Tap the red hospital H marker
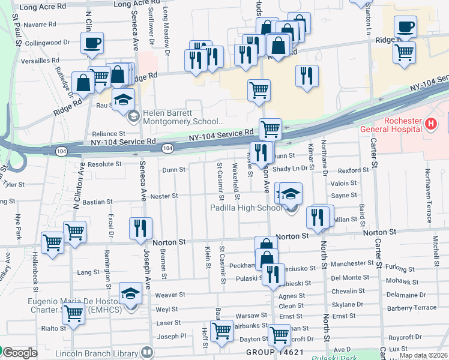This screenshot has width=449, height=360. [430, 124]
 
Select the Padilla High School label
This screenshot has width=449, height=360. [246, 208]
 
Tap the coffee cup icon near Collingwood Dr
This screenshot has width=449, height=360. [92, 44]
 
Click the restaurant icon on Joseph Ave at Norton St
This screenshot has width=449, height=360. [140, 228]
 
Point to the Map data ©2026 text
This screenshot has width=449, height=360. [423, 355]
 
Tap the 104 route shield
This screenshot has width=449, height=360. [167, 148]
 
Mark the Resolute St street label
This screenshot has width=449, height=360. [105, 163]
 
